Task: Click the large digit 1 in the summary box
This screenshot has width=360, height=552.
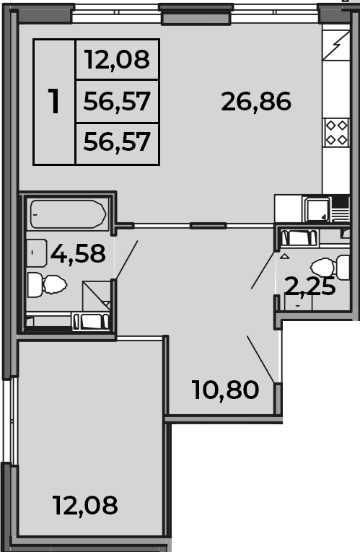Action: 54,102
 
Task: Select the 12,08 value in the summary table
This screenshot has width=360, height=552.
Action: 117,59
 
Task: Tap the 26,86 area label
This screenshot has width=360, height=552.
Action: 256,102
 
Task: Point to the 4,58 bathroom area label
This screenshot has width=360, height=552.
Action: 78,253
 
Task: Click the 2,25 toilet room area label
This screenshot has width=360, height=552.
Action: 310,286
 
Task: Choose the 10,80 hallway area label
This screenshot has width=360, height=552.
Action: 226,390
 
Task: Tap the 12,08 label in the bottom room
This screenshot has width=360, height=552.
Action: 85,505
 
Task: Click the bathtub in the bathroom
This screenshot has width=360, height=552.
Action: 69,214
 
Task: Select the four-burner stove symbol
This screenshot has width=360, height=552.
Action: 337,133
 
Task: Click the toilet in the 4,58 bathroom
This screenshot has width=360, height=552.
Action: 47,284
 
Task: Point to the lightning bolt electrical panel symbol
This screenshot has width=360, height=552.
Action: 337,45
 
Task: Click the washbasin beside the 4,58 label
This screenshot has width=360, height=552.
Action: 37,253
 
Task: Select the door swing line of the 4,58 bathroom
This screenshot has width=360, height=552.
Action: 126,260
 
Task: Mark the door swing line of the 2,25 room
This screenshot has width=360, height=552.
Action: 263,270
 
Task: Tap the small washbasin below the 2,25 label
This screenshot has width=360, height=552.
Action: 298,303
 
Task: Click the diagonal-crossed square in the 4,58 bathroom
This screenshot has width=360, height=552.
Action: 97,296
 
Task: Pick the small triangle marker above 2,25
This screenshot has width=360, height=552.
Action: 285,256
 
